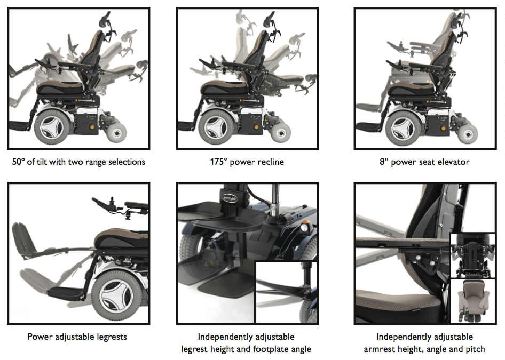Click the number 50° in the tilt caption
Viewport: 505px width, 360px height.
(19, 162)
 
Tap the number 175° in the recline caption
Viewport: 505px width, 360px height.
(219, 162)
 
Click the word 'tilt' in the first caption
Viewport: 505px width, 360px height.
(42, 162)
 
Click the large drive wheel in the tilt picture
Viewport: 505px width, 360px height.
(52, 126)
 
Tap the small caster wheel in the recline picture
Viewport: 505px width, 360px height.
(281, 132)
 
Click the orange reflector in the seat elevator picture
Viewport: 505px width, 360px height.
(444, 129)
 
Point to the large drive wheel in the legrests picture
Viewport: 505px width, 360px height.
(116, 296)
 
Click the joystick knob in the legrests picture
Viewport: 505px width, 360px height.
(113, 199)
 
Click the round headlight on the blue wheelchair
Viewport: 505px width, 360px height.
(305, 227)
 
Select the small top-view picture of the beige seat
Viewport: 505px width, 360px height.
(473, 301)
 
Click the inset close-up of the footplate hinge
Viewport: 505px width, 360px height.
(286, 292)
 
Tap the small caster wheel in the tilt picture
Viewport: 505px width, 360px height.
(116, 132)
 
